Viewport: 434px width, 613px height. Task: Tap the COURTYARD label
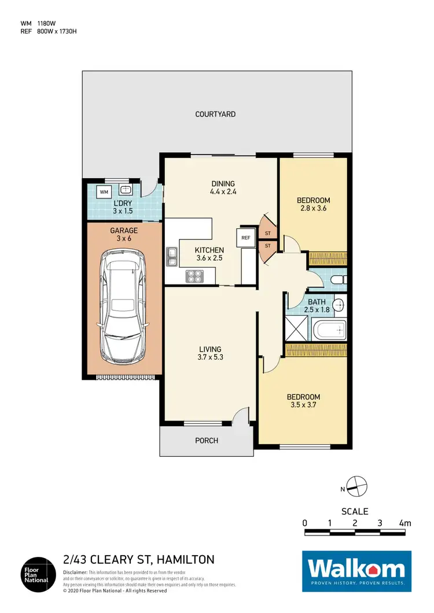coord(215,115)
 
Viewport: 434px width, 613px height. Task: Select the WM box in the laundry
coord(104,191)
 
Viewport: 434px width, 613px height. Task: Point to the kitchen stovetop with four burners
coord(193,277)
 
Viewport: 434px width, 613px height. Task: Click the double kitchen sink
coord(172,256)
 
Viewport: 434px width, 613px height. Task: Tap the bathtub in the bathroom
coord(329,331)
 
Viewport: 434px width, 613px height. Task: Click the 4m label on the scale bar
coord(404,523)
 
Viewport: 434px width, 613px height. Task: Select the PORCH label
coord(206,441)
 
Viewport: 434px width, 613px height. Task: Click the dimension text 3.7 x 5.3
coord(210,357)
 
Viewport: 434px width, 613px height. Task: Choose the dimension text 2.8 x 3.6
coord(313,209)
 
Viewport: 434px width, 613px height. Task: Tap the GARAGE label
coord(123,230)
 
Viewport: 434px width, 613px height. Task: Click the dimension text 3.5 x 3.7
coord(304,405)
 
